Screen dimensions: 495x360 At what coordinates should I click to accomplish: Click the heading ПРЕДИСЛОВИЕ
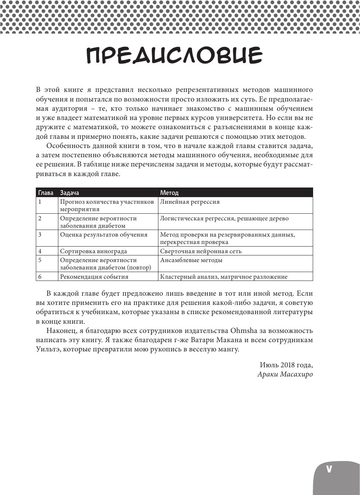click(174, 56)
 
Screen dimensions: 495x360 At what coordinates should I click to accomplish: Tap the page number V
click(329, 469)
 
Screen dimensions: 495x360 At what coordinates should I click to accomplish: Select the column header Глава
click(46, 193)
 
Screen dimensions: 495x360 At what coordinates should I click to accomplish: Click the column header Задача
click(69, 193)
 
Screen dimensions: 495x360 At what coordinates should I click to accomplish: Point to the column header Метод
click(169, 193)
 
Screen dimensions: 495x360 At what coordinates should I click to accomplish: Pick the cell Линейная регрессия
click(190, 202)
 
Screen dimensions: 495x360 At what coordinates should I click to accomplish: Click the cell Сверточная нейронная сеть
click(201, 251)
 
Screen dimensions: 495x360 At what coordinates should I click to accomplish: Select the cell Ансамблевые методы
click(191, 260)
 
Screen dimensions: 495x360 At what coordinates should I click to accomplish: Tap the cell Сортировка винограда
click(93, 251)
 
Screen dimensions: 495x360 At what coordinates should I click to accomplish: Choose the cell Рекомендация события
click(94, 277)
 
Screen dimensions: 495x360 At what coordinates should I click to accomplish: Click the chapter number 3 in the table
click(40, 235)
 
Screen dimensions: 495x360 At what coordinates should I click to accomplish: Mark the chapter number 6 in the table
click(40, 277)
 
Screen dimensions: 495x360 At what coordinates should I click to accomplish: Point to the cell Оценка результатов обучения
click(104, 235)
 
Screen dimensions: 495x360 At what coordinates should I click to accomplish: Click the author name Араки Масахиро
click(285, 374)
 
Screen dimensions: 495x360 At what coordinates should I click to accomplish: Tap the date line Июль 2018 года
click(286, 365)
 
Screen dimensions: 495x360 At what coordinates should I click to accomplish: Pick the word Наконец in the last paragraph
click(61, 331)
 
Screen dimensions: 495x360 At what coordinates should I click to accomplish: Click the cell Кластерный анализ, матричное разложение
click(224, 277)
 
